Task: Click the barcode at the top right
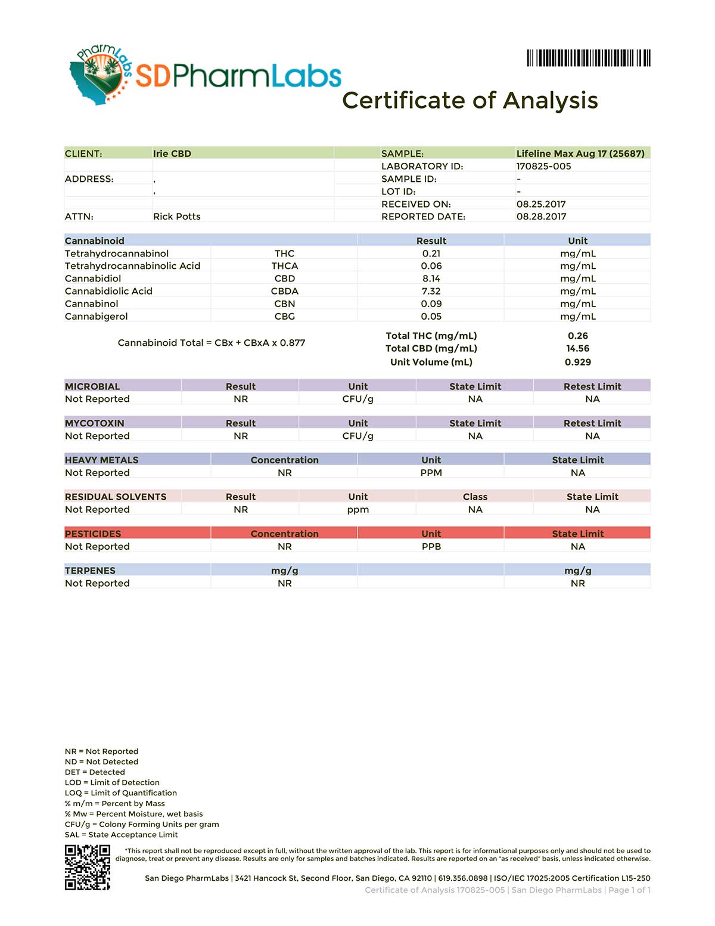tap(588, 58)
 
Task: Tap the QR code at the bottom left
tap(88, 867)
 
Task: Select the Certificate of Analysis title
tap(470, 100)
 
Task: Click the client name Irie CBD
tap(172, 153)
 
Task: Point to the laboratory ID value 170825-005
tap(543, 166)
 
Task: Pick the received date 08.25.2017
tap(541, 204)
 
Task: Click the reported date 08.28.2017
tap(541, 216)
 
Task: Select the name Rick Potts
tap(176, 216)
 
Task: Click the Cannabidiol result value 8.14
tap(431, 278)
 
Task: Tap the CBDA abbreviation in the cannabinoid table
tap(284, 291)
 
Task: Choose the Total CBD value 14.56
tap(577, 348)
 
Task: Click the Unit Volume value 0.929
tap(577, 362)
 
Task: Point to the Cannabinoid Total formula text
tap(212, 343)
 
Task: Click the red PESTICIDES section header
tap(93, 534)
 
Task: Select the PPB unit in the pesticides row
tap(431, 546)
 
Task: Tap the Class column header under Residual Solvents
tap(475, 497)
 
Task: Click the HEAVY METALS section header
tap(101, 460)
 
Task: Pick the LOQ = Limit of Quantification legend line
tap(121, 793)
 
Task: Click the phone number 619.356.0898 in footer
tap(462, 878)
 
